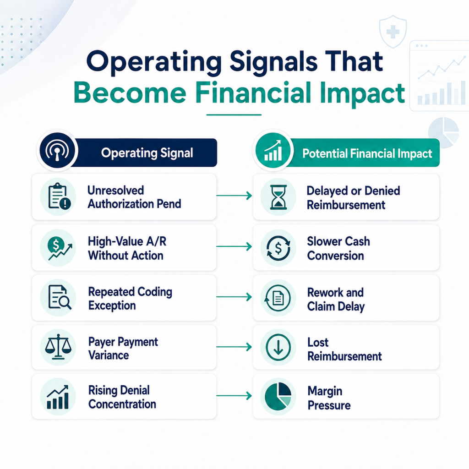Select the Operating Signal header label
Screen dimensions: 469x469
pos(147,153)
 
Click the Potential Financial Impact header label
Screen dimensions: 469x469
pos(367,153)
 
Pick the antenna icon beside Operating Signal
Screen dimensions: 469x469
pos(57,150)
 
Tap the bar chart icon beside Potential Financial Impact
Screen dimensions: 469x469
pos(273,150)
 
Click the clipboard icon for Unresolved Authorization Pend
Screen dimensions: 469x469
pos(59,196)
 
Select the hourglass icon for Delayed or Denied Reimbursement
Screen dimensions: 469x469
pos(278,197)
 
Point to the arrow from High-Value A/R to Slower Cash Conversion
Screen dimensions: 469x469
pos(234,246)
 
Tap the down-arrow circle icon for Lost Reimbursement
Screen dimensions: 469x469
pos(278,347)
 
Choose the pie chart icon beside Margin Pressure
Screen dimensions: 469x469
pos(278,396)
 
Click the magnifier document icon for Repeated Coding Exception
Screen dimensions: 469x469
pos(60,297)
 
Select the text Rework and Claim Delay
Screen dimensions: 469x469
pos(336,300)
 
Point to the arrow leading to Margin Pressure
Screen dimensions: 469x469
pos(234,396)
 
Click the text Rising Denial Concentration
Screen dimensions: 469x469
pos(122,397)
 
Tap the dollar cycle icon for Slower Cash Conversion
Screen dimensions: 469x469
pos(278,248)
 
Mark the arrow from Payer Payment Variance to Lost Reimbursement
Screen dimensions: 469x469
pos(234,347)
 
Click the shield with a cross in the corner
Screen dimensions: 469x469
pos(393,32)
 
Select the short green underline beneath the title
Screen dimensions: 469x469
pos(234,115)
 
